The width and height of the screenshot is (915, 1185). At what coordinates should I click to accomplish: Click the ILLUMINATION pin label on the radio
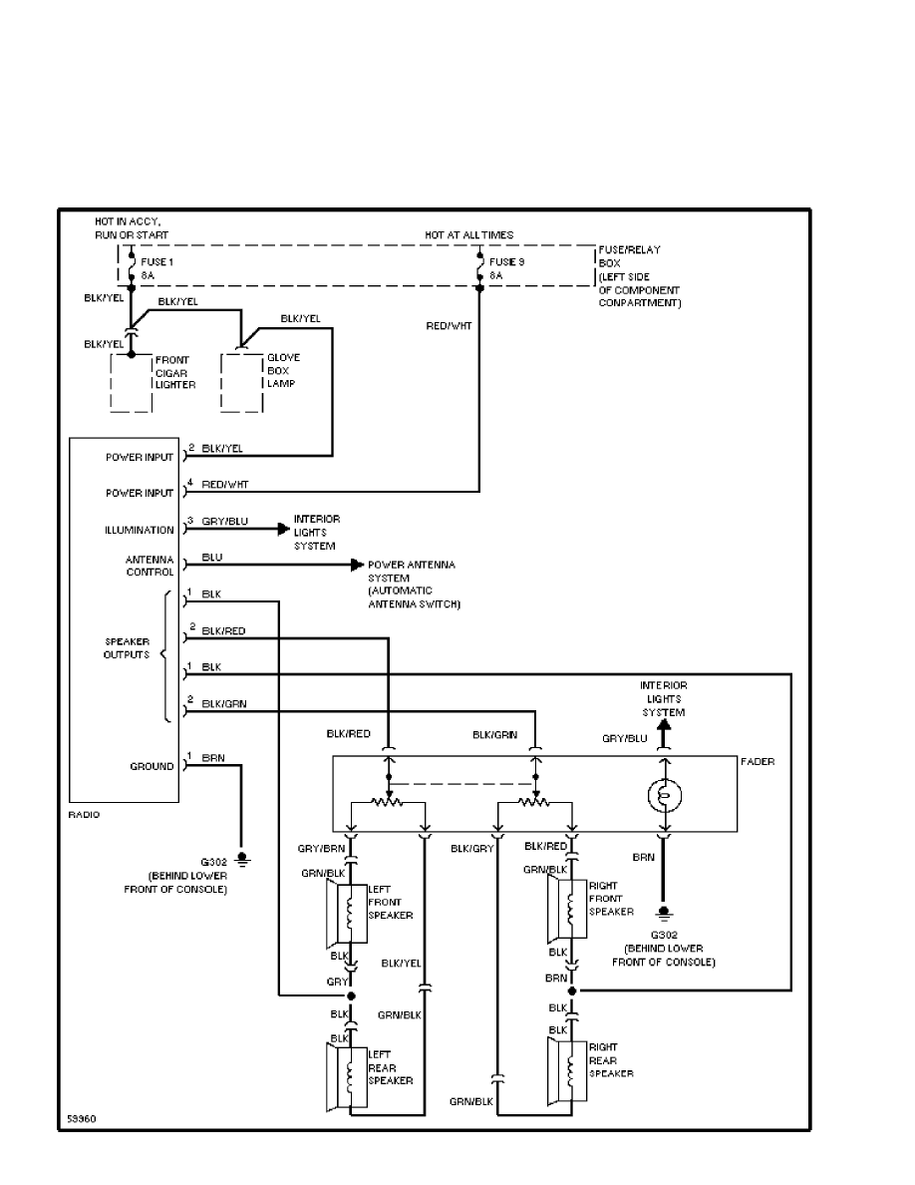tap(140, 531)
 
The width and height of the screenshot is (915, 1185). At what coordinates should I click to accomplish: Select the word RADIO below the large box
tap(84, 815)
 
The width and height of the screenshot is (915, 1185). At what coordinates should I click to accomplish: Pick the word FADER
tap(757, 761)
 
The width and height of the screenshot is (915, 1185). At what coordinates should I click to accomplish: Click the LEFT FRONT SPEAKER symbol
tap(348, 913)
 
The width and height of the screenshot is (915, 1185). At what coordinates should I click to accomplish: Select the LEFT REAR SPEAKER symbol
tap(348, 1073)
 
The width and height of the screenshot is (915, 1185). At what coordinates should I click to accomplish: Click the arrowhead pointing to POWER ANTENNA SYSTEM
tap(357, 566)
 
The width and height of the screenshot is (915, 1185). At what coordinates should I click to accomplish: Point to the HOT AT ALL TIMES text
tap(469, 235)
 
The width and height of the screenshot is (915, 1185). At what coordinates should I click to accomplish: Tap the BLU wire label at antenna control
tap(211, 558)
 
